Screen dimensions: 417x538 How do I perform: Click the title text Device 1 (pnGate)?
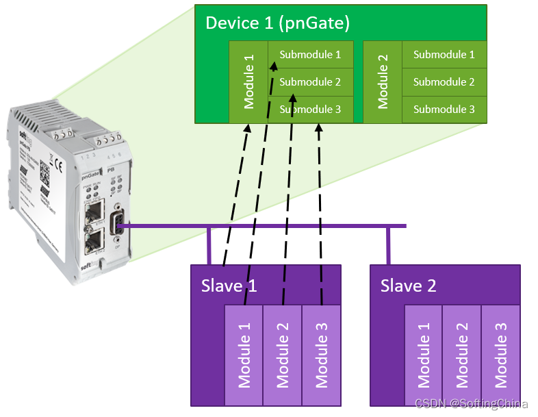click(278, 23)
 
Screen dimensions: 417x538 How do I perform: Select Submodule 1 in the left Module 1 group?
click(310, 55)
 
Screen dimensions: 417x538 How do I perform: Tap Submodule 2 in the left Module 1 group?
click(310, 82)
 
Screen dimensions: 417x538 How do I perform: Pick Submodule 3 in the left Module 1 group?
click(310, 110)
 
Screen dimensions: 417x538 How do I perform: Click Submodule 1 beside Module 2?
click(444, 55)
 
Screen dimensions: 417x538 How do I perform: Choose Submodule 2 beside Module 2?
click(444, 82)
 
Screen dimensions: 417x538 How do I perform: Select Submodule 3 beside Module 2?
click(444, 110)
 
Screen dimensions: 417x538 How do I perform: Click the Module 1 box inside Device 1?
click(248, 82)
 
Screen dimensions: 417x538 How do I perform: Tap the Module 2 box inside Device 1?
click(383, 82)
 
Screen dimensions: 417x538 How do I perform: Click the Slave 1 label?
click(229, 285)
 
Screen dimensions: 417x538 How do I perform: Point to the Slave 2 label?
click(408, 285)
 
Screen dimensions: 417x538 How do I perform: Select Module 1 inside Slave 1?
click(244, 354)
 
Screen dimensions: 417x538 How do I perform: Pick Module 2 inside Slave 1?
click(283, 354)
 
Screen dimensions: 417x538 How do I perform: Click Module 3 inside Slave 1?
click(321, 354)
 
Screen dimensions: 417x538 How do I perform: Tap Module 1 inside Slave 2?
click(424, 354)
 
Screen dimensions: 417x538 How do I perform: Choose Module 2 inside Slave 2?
click(462, 354)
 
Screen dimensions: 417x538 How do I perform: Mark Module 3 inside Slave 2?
click(500, 354)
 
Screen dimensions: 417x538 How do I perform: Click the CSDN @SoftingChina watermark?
click(471, 404)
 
